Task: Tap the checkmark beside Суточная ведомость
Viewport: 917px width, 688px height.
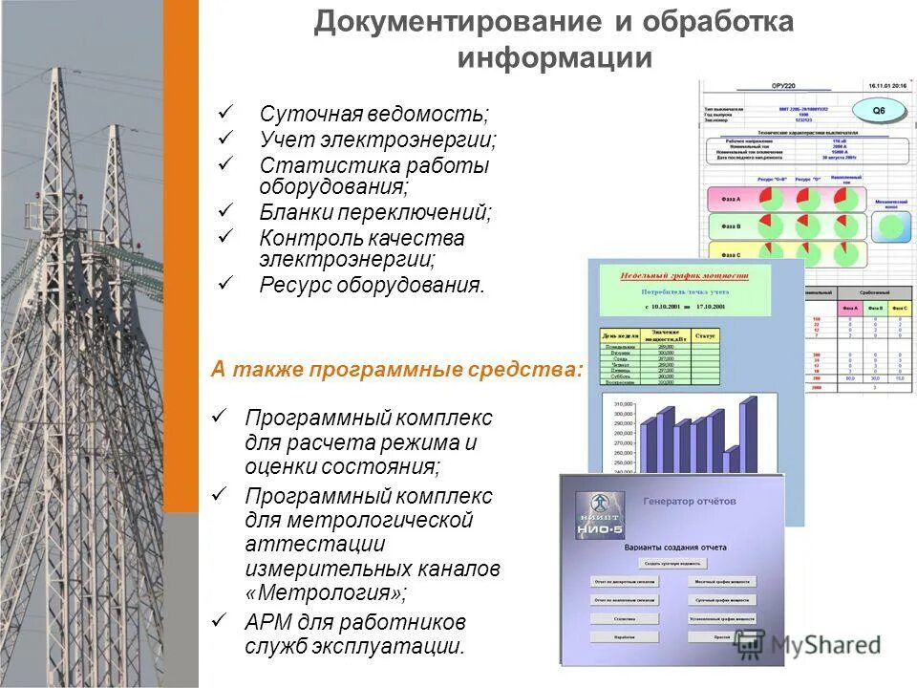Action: (x=225, y=112)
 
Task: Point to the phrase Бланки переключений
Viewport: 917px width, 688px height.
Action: (x=375, y=211)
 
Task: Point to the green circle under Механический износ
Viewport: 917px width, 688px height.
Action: (x=889, y=226)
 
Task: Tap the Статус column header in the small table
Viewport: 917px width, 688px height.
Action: (x=706, y=336)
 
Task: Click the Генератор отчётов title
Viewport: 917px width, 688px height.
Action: (x=690, y=501)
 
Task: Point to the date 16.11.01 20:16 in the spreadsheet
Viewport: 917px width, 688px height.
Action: (x=887, y=85)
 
